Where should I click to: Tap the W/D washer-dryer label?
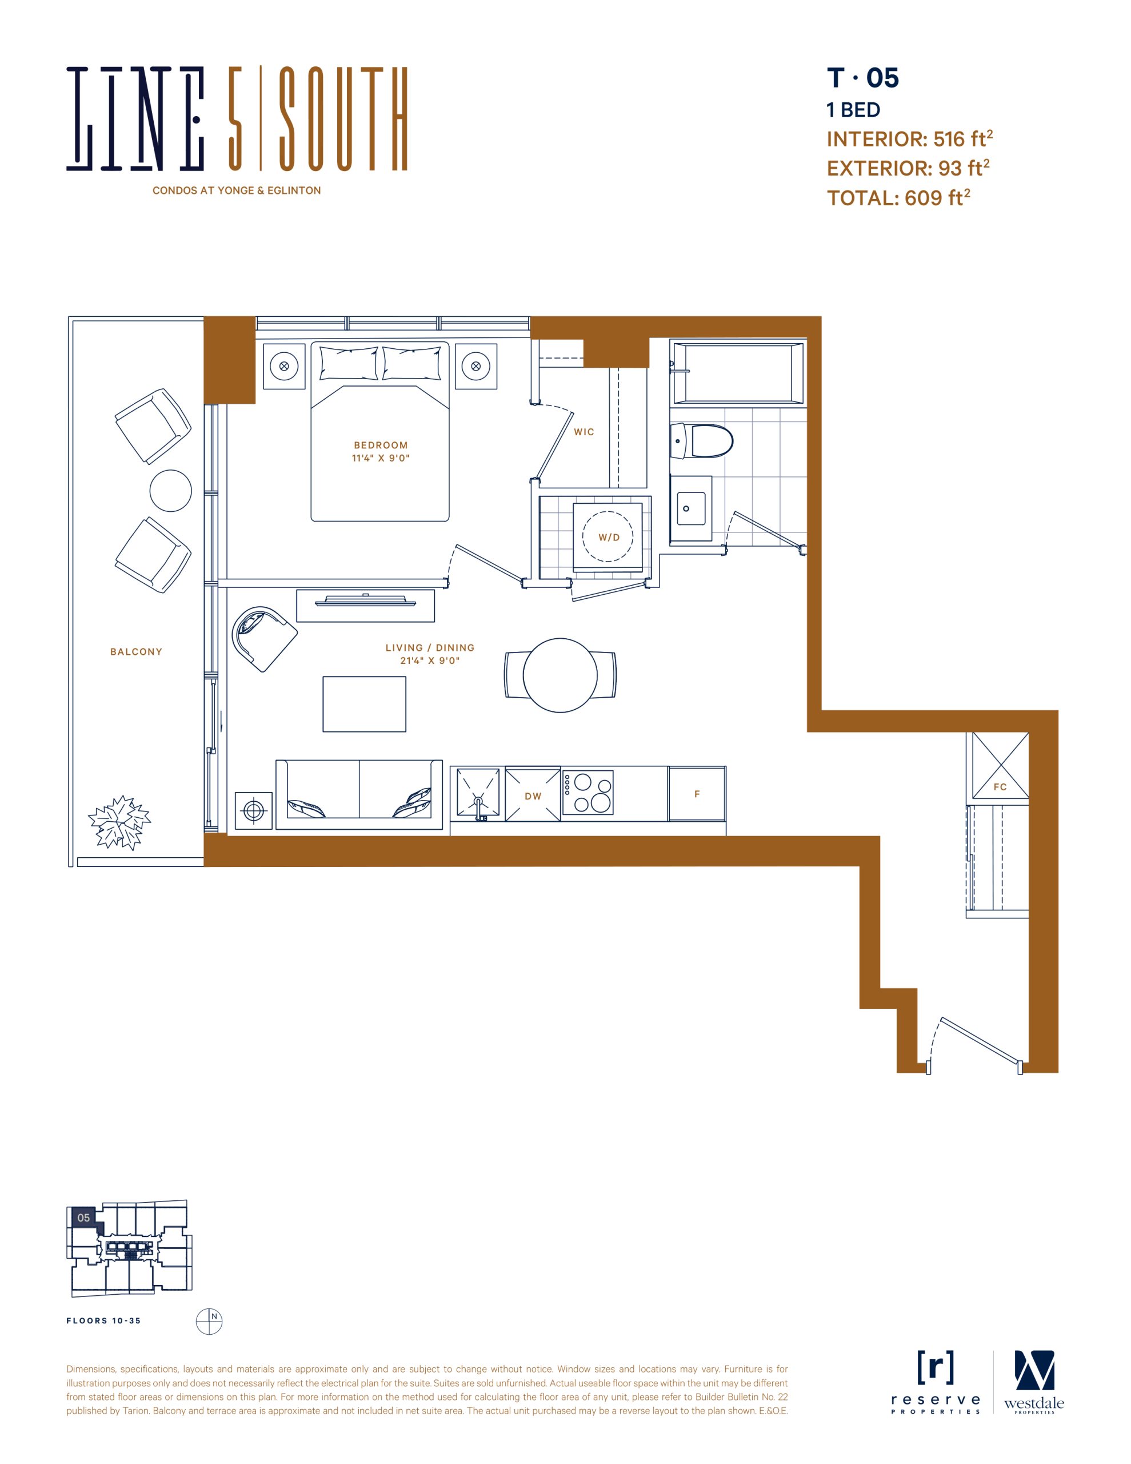609,538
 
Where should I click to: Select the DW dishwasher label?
533,797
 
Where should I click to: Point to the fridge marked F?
697,794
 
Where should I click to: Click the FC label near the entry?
1000,787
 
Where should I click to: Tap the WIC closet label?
584,432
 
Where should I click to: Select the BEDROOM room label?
381,445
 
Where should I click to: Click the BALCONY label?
136,651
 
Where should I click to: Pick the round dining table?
560,675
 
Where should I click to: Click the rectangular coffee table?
364,704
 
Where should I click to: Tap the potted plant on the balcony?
119,822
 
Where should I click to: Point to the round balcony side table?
171,491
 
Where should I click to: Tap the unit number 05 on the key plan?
83,1218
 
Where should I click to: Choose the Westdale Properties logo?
1034,1382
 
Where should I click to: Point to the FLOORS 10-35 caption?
104,1321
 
